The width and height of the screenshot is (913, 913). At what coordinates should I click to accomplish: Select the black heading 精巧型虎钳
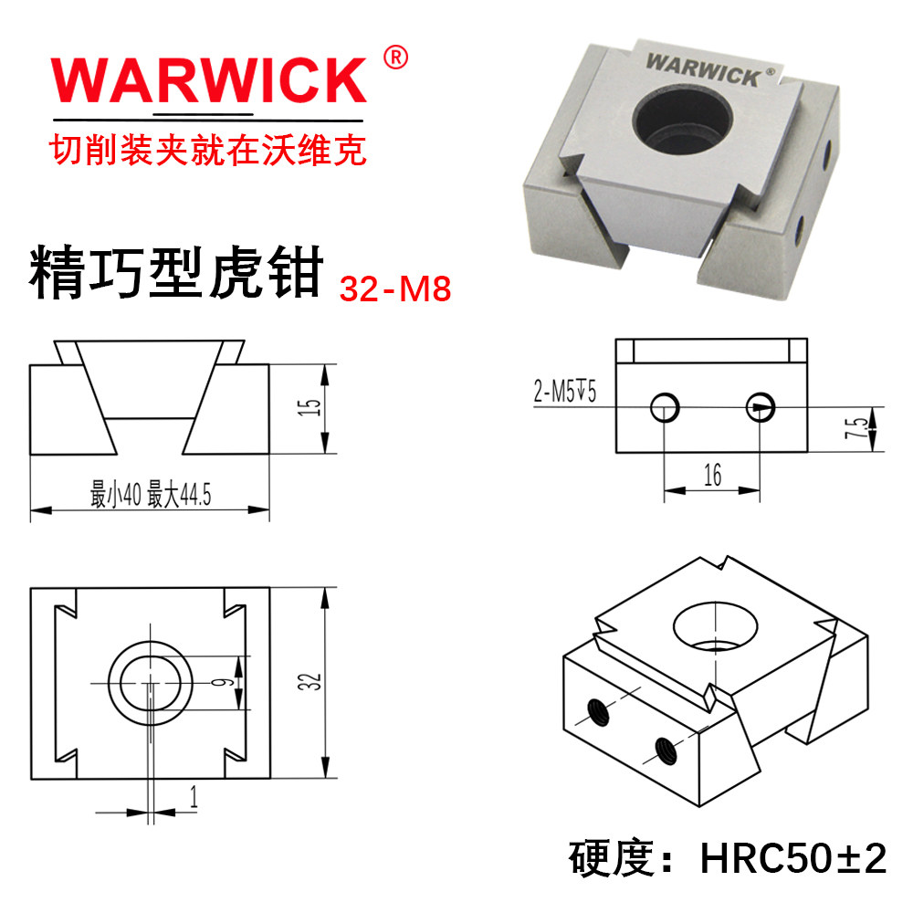(x=177, y=272)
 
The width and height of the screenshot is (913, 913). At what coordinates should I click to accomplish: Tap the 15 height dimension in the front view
(x=312, y=408)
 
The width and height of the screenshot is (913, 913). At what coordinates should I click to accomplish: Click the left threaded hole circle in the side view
(x=665, y=406)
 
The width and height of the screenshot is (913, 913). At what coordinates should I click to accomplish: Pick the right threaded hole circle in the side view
(x=760, y=406)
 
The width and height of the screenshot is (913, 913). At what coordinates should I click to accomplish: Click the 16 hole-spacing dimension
(x=712, y=475)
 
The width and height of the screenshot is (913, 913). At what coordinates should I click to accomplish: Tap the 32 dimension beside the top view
(x=313, y=682)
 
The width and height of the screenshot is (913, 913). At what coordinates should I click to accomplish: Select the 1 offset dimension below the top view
(x=194, y=798)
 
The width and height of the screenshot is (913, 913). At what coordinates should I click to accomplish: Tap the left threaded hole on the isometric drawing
(x=599, y=709)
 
